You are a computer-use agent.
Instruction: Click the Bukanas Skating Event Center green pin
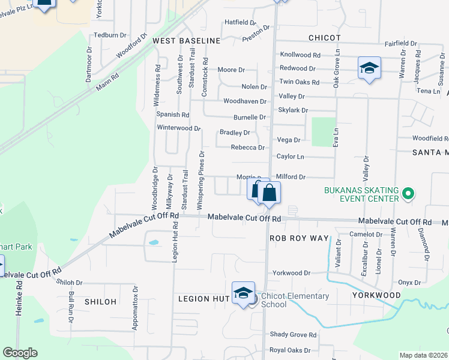click(x=408, y=194)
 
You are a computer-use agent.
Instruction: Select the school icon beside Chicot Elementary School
click(x=243, y=293)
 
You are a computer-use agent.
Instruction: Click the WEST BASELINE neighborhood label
click(x=187, y=40)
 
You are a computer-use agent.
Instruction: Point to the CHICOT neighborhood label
click(x=324, y=38)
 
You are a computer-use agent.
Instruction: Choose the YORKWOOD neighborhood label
click(x=376, y=295)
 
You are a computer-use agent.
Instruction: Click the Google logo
click(x=20, y=353)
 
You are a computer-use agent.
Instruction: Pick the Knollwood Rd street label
click(x=300, y=55)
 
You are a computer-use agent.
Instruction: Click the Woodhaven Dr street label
click(x=244, y=101)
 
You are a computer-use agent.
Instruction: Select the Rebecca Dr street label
click(x=248, y=148)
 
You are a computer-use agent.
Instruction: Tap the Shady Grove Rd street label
click(x=292, y=335)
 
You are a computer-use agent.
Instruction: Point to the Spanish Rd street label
click(x=173, y=115)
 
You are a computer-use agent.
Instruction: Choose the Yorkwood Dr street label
click(x=291, y=272)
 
